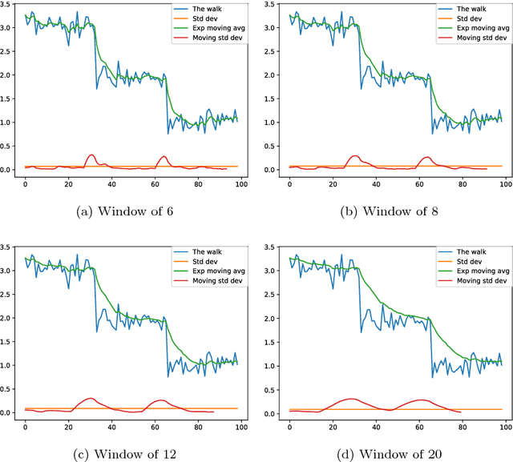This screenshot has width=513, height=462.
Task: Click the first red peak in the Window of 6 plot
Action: pos(91,155)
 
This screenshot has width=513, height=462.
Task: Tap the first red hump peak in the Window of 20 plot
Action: pos(350,398)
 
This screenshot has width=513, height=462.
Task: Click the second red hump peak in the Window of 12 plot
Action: pos(161,400)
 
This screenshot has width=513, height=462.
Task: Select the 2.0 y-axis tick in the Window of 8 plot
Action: pos(272,75)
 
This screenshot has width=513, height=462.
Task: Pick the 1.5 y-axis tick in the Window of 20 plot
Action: pos(272,342)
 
